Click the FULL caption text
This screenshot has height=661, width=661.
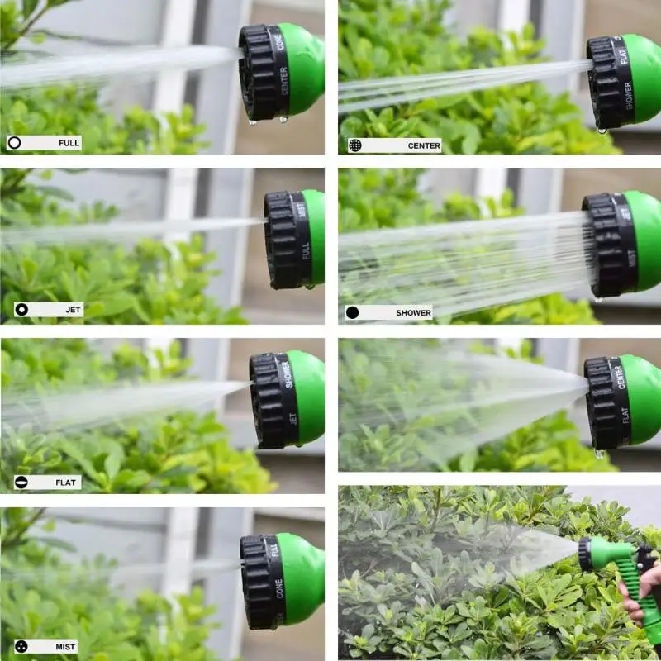point(69,143)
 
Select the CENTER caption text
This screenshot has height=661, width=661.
point(424,146)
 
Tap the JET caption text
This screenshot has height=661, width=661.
point(73,310)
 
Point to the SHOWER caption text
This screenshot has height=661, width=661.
point(413,313)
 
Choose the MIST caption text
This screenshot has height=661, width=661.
point(66,646)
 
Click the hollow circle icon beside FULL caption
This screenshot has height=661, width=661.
point(15,143)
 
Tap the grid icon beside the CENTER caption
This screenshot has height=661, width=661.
point(354,145)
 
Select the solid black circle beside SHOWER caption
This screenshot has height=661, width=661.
point(353,313)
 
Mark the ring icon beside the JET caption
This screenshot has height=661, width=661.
point(21,310)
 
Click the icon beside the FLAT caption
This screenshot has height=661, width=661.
point(21,483)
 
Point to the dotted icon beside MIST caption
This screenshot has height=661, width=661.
point(19,646)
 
